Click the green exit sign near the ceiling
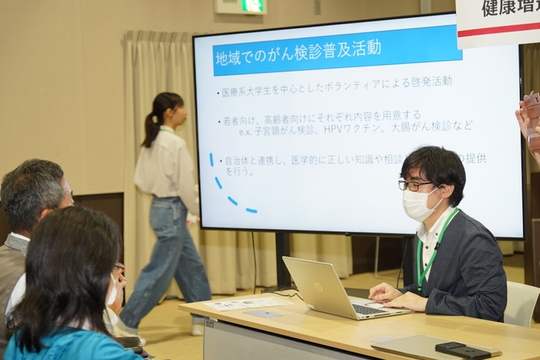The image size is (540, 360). click(x=251, y=6)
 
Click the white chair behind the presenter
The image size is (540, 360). click(x=521, y=304)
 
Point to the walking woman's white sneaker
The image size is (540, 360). click(x=197, y=327)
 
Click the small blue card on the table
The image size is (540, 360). click(x=264, y=315)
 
